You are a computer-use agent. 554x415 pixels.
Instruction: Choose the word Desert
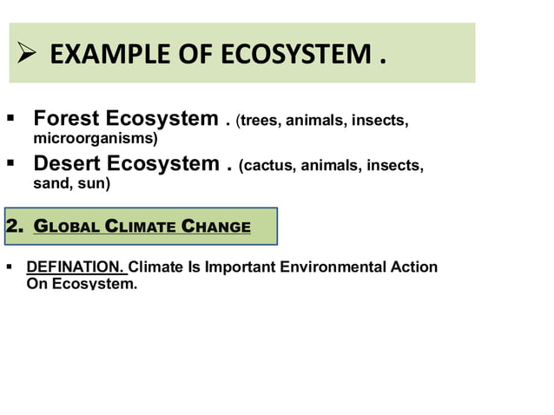[x=71, y=164]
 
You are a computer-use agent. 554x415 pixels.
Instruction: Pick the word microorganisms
[x=95, y=138]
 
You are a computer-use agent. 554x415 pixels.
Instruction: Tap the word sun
[x=90, y=183]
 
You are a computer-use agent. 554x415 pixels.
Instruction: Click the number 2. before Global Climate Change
[x=14, y=227]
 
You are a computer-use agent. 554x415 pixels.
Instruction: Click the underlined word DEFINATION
[x=76, y=267]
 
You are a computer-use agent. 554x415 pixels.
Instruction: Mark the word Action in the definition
[x=414, y=267]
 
